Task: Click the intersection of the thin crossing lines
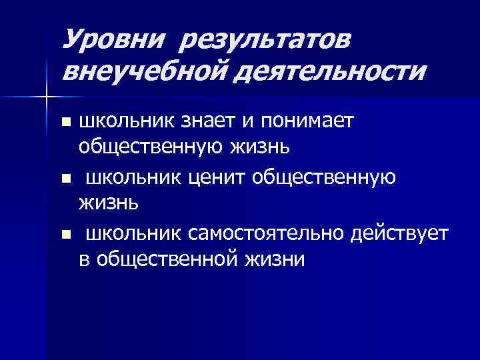[x=46, y=97]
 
